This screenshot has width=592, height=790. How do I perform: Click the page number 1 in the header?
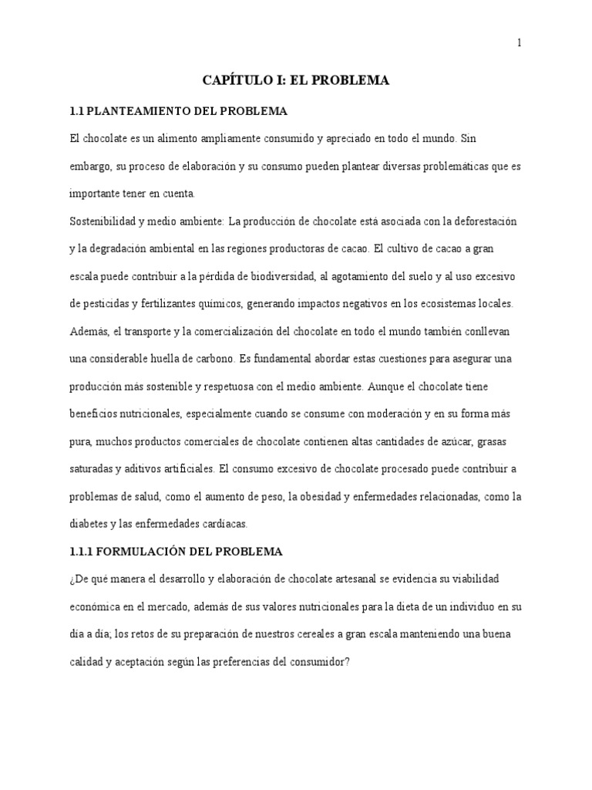(520, 43)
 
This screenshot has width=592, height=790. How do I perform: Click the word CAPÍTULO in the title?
(234, 79)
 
